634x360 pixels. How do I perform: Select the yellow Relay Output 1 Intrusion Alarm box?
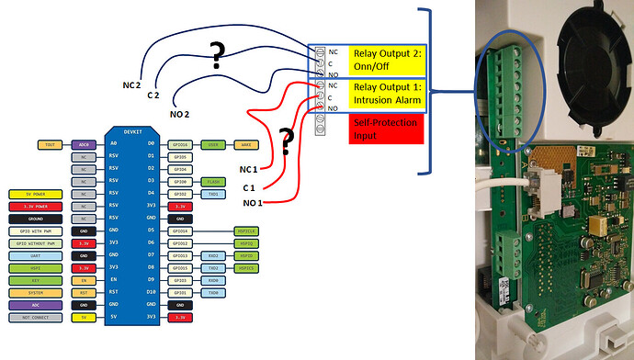[x=385, y=96]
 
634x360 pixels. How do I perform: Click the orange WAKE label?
[x=246, y=145]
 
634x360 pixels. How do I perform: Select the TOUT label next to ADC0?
[x=51, y=145]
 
